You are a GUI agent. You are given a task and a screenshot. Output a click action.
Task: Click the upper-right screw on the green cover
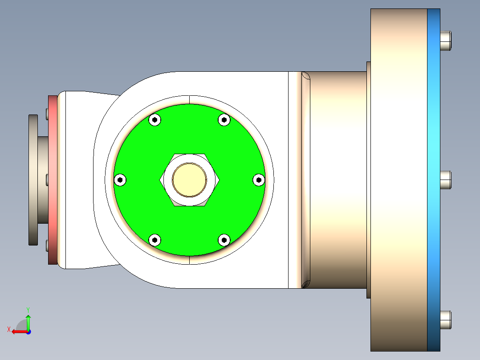(224, 119)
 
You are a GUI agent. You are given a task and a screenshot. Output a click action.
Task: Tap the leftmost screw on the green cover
(120, 180)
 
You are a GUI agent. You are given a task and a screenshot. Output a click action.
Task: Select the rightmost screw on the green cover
(259, 180)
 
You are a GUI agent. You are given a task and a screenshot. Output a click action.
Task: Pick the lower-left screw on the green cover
(155, 240)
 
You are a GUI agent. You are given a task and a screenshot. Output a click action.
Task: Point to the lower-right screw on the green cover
(224, 240)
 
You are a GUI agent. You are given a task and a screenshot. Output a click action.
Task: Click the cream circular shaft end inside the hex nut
(190, 180)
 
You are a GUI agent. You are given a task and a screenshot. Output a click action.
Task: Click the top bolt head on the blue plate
(445, 40)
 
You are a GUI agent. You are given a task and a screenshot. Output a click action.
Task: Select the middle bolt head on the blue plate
(445, 180)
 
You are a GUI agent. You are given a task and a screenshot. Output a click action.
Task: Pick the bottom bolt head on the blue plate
(445, 319)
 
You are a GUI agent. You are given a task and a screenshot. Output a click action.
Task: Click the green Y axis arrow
(28, 321)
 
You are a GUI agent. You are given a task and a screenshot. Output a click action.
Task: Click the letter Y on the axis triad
(28, 309)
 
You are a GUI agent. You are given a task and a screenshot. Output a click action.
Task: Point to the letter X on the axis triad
(8, 329)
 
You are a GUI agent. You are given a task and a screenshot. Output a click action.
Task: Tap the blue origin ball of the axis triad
(28, 331)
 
